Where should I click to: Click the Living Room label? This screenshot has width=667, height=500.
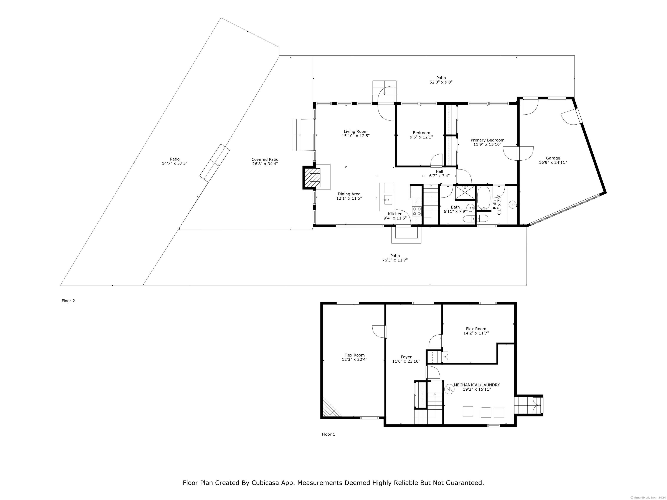(355, 132)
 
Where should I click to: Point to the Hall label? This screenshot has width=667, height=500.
(439, 171)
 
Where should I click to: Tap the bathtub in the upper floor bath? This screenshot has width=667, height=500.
(484, 198)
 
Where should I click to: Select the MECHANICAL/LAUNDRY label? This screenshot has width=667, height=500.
(477, 385)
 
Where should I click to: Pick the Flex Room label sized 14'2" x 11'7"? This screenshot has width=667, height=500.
(476, 329)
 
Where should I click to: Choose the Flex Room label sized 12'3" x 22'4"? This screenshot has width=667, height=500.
(355, 355)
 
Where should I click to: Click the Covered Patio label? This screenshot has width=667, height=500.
(265, 160)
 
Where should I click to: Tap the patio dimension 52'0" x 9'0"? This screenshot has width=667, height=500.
(441, 82)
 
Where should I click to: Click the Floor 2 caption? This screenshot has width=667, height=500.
(68, 301)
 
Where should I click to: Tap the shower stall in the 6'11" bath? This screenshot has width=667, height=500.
(465, 193)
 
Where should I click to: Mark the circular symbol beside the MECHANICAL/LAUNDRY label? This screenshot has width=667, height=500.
(449, 389)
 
